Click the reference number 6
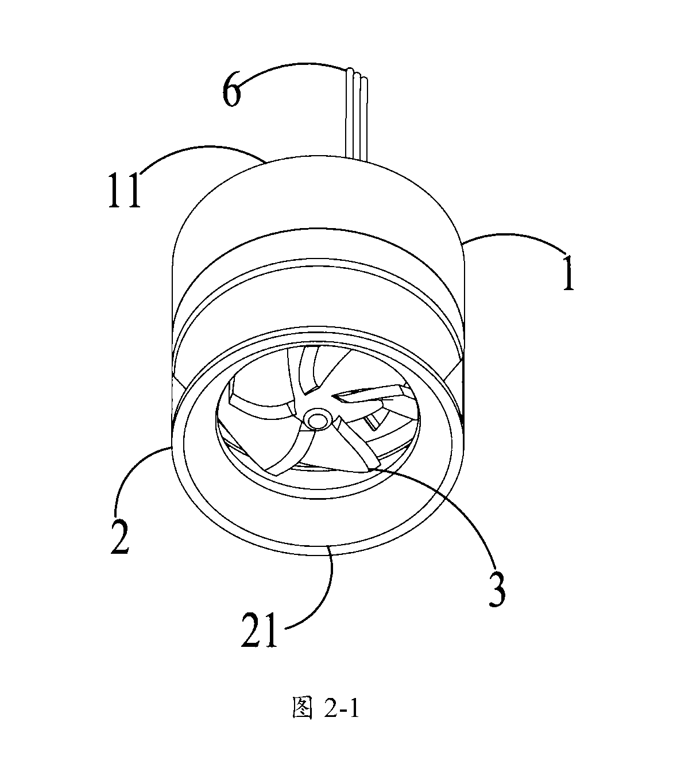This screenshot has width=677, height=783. point(232,92)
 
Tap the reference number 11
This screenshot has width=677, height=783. point(125,191)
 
